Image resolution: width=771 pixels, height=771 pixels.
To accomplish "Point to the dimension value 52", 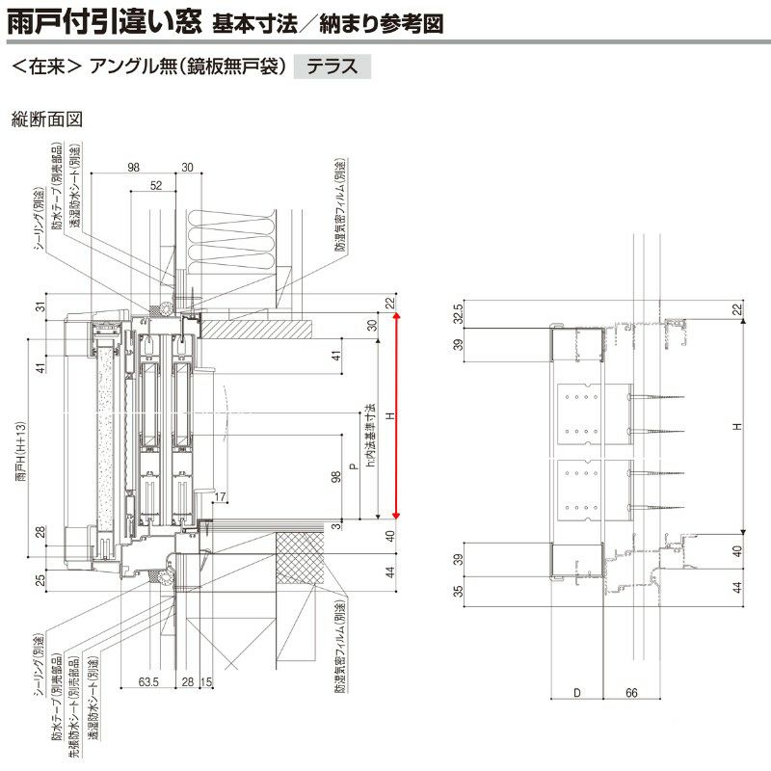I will point(155,184).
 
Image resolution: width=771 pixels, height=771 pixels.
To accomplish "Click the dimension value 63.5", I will point(147,682).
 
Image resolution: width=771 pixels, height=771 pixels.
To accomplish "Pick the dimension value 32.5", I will point(459,316).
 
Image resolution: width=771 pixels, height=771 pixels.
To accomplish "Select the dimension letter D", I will point(575,692).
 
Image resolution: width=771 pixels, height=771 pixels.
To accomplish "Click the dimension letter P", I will point(354,465).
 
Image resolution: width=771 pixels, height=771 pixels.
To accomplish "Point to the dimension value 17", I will point(221,496).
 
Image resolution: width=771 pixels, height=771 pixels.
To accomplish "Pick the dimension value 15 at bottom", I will point(205,682).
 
